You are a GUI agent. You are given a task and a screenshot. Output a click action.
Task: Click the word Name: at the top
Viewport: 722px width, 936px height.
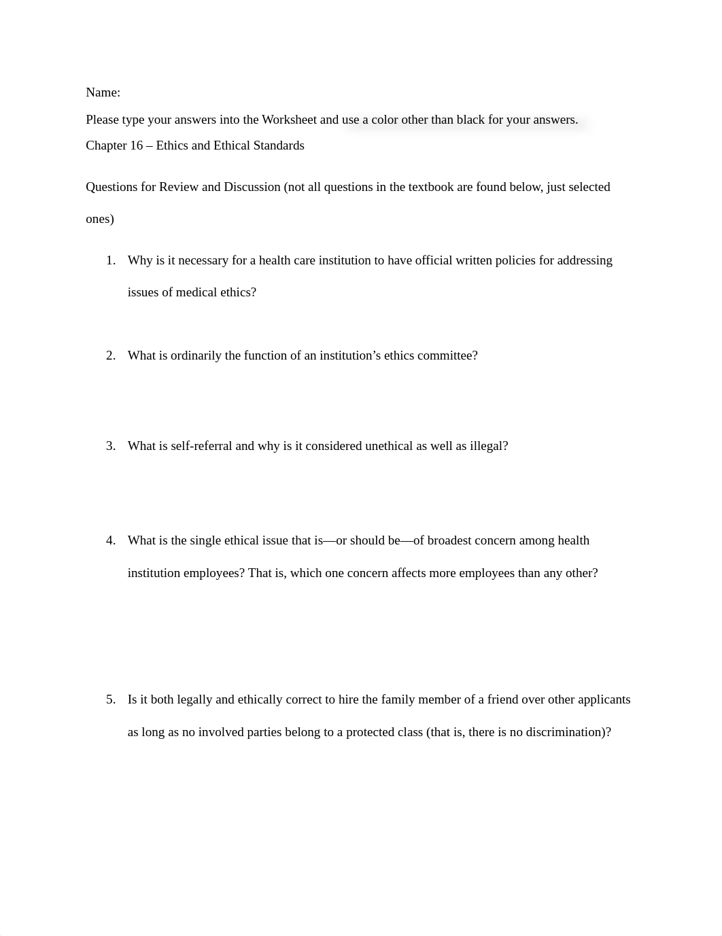coord(103,92)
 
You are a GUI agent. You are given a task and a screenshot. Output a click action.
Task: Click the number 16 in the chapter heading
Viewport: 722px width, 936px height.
coord(135,145)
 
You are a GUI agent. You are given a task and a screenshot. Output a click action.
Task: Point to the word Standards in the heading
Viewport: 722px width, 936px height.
coord(278,145)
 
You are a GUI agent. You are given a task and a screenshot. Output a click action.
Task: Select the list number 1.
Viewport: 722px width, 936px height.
coord(111,260)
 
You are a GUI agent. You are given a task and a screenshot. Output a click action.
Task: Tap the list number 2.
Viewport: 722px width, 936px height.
coord(111,356)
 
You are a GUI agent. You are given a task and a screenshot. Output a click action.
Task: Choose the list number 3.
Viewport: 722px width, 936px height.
coord(111,446)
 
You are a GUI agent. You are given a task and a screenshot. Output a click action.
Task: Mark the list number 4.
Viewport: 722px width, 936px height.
coord(111,540)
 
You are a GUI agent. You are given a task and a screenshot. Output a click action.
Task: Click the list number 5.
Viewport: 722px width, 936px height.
coord(111,699)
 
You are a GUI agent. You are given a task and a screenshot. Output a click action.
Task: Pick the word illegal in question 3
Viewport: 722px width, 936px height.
coord(487,446)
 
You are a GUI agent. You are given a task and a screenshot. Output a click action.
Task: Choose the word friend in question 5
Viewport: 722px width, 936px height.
coord(503,699)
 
